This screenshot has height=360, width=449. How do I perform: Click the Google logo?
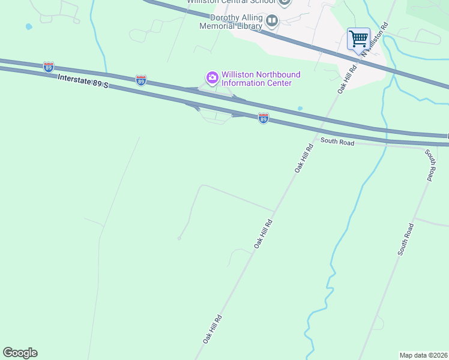[20, 353]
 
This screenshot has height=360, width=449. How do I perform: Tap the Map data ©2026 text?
[423, 355]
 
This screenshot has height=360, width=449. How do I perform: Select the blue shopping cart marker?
[358, 40]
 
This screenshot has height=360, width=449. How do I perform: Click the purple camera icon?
[212, 77]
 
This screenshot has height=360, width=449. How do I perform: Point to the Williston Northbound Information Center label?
[261, 79]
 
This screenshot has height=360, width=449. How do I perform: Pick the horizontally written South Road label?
[337, 142]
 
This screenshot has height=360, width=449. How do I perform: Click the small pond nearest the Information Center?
[300, 109]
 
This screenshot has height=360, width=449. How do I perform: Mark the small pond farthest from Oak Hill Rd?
[28, 27]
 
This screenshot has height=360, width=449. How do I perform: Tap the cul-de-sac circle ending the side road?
[179, 238]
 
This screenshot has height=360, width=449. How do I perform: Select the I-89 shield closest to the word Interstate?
[49, 67]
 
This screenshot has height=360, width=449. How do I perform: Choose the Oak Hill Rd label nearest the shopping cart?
[347, 78]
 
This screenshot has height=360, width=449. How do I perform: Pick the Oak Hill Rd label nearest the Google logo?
[212, 329]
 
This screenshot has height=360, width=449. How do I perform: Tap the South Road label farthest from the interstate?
[406, 239]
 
